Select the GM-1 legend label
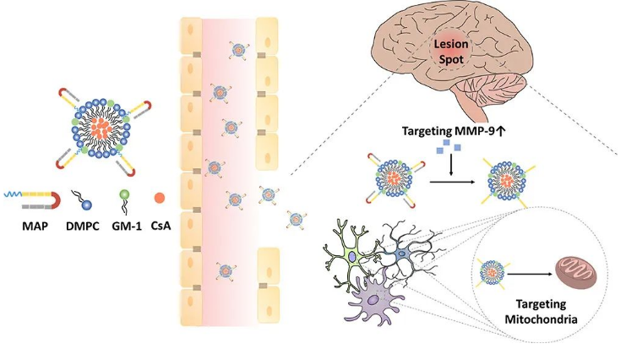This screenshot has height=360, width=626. click(123, 226)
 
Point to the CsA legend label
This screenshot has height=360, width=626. click(161, 226)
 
